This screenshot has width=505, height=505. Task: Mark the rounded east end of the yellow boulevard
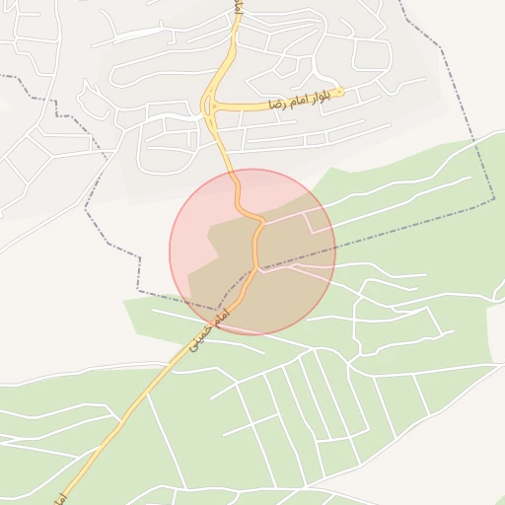340,93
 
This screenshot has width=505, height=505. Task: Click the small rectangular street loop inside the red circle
319,222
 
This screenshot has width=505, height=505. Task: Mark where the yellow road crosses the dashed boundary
256,268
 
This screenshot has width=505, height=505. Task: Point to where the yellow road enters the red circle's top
236,172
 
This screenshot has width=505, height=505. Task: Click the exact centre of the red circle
252,252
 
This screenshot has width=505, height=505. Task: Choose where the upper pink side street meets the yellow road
262,222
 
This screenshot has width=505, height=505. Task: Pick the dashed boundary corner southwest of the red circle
138,293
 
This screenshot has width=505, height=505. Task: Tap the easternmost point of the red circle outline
335,252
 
